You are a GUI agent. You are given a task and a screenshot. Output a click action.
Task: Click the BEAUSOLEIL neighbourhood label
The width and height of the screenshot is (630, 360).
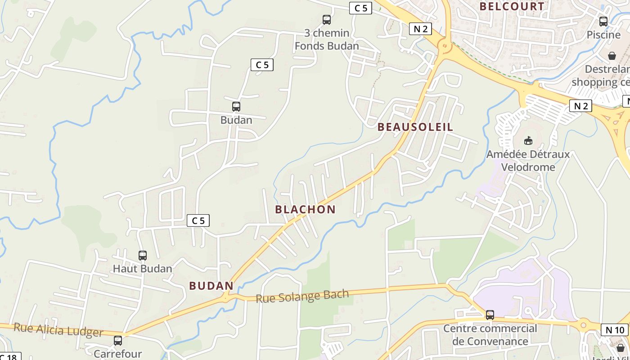[415, 127]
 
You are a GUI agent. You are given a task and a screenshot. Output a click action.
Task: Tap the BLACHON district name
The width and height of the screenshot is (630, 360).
[305, 209]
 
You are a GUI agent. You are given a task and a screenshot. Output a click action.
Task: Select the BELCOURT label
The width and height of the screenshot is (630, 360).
[512, 6]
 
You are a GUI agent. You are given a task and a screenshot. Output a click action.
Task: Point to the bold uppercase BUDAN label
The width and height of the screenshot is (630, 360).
[211, 286]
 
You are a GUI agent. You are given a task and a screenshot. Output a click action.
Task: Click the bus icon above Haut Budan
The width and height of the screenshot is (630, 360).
[143, 256]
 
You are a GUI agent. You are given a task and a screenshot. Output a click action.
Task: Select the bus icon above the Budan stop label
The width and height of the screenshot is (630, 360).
[236, 107]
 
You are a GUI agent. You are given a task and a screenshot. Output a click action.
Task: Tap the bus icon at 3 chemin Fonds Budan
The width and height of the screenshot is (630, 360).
[327, 20]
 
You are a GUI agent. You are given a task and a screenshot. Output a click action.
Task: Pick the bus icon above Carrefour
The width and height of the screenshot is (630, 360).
[118, 341]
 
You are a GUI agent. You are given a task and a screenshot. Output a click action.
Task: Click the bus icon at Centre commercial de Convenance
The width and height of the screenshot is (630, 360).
[490, 315]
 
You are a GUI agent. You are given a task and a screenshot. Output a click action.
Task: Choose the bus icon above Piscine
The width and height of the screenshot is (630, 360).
[603, 21]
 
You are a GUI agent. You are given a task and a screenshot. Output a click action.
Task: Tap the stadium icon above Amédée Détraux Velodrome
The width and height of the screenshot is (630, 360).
[528, 141]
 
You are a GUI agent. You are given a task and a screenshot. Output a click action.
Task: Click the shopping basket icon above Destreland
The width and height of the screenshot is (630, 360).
[612, 56]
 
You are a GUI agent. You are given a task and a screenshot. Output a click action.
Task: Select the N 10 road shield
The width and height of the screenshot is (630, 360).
[615, 330]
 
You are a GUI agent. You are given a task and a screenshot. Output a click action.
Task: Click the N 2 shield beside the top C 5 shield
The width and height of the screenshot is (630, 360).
[421, 29]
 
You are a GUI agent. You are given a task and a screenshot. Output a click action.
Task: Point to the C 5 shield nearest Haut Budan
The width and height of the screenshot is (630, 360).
[198, 220]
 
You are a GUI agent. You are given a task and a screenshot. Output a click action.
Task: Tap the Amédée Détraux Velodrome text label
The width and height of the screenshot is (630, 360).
[528, 161]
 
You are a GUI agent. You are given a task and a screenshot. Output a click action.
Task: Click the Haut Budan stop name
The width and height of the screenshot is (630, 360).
[142, 269]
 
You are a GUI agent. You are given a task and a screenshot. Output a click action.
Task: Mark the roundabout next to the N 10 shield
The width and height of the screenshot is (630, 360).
[584, 324]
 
